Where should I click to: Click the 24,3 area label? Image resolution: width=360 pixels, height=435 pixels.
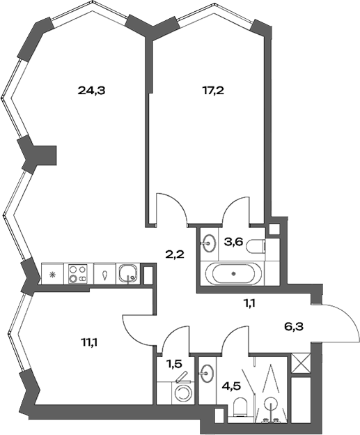(x=95, y=90)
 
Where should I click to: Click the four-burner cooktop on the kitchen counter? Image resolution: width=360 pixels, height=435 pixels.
(x=77, y=273)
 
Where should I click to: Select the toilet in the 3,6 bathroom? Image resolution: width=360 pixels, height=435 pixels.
(x=257, y=245)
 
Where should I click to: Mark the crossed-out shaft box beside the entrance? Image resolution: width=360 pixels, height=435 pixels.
(x=302, y=363)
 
